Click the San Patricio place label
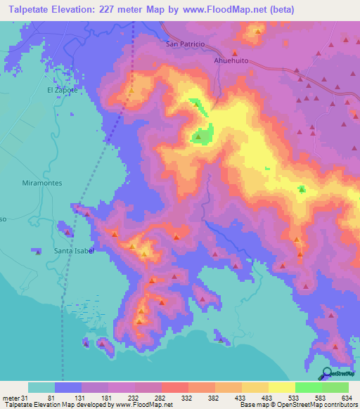point(185,44)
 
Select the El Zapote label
point(60,91)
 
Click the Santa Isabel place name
point(75,250)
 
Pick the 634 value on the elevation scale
point(347,397)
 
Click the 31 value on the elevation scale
point(28,397)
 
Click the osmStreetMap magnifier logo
point(327,373)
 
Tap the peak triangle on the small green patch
point(302,188)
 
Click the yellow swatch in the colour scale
point(282,387)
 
